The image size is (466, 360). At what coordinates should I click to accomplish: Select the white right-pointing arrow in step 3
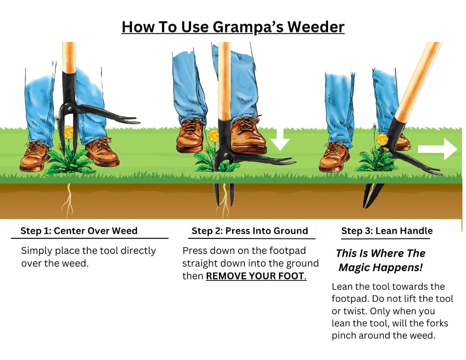[437, 149]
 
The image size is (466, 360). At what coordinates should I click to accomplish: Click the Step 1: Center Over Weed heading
[79, 231]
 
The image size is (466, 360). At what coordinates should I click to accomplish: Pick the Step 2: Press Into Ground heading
[250, 231]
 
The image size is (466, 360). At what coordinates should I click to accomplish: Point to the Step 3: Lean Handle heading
[387, 231]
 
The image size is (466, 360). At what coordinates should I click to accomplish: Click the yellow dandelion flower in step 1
[69, 132]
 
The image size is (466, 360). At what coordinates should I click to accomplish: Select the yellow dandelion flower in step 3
[382, 139]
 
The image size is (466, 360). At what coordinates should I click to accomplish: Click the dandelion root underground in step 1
[68, 200]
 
